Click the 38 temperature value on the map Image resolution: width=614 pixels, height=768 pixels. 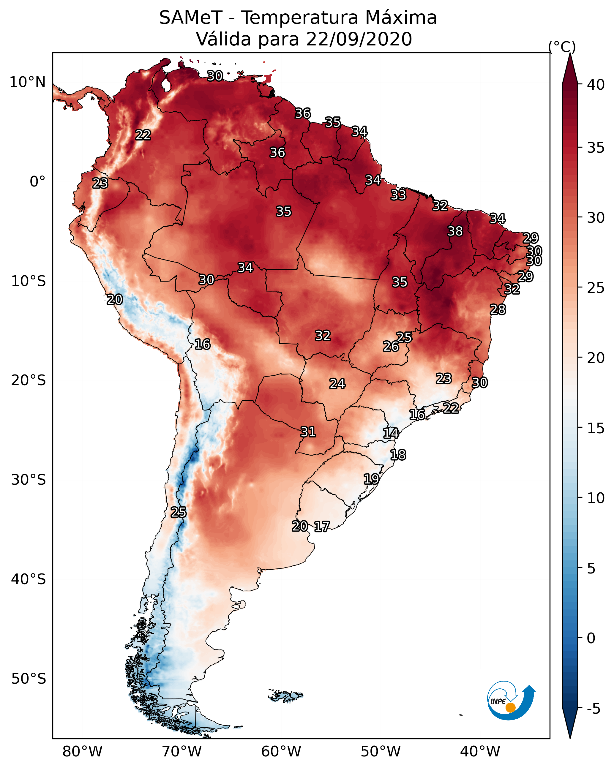pyautogui.click(x=455, y=231)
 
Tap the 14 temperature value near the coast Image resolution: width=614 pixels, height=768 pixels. pyautogui.click(x=391, y=433)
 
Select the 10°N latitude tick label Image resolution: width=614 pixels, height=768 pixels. pyautogui.click(x=27, y=82)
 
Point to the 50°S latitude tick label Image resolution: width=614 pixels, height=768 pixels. pyautogui.click(x=29, y=679)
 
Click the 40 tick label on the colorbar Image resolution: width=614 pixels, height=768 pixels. pyautogui.click(x=596, y=85)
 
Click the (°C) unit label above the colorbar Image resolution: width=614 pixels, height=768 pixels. pyautogui.click(x=562, y=47)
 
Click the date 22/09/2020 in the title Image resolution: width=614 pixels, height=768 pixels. pyautogui.click(x=359, y=39)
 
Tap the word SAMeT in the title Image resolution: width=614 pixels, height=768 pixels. pyautogui.click(x=191, y=18)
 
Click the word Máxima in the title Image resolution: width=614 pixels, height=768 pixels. pyautogui.click(x=397, y=18)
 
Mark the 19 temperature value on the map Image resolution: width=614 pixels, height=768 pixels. pyautogui.click(x=371, y=479)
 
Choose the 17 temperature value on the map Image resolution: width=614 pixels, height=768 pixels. pyautogui.click(x=322, y=527)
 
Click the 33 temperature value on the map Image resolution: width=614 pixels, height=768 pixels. pyautogui.click(x=398, y=195)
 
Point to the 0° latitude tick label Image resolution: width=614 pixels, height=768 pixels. pyautogui.click(x=37, y=182)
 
